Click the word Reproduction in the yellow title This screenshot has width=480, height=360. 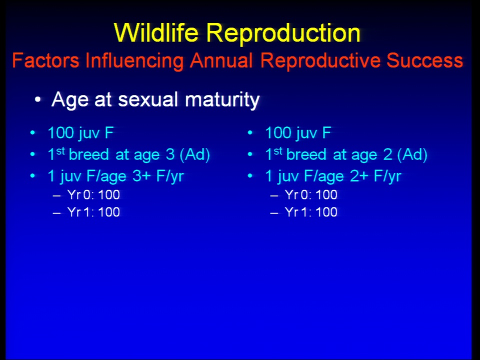[283, 33]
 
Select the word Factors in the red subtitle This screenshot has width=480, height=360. [45, 60]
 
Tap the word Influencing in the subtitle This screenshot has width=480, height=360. [134, 61]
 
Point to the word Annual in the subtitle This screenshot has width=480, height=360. [221, 60]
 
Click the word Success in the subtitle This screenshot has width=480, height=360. [424, 60]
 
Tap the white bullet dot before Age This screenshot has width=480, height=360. [37, 100]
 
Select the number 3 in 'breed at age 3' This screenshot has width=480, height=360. [170, 154]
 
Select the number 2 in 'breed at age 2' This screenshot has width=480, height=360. [387, 154]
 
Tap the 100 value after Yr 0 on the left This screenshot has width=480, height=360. [109, 194]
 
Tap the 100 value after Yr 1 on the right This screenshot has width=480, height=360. [326, 212]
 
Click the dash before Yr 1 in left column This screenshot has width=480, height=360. [57, 212]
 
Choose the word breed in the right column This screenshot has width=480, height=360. [306, 154]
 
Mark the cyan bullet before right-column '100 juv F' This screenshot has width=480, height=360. [250, 133]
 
